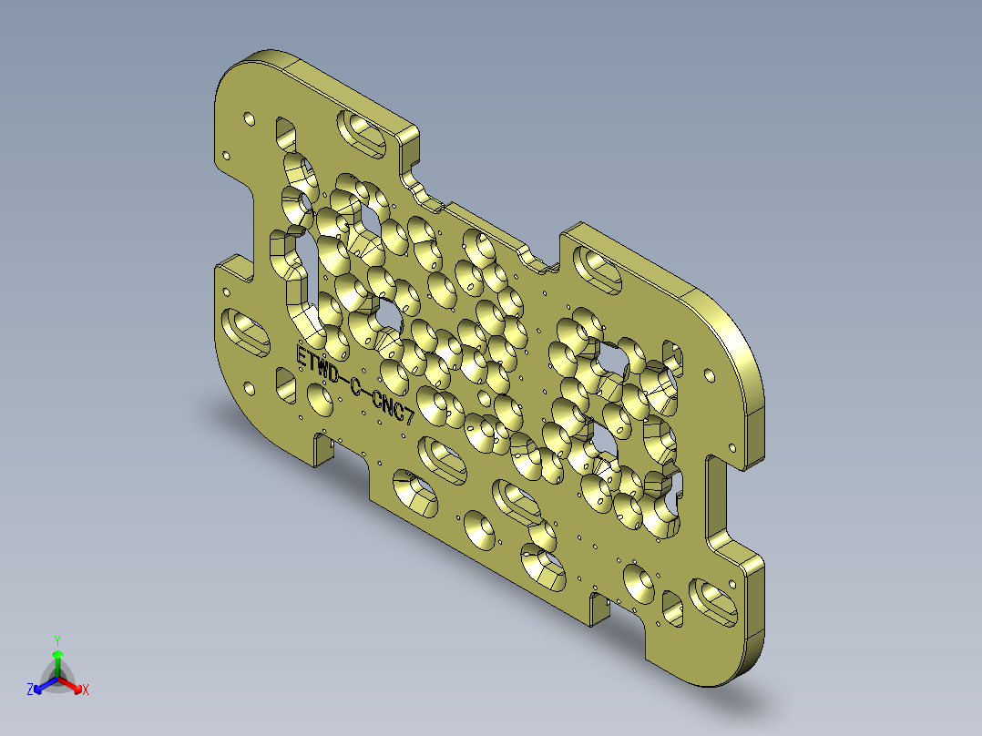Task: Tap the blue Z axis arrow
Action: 42,686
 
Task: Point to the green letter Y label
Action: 57,640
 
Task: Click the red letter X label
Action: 86,690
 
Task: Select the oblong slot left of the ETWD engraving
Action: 247,332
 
